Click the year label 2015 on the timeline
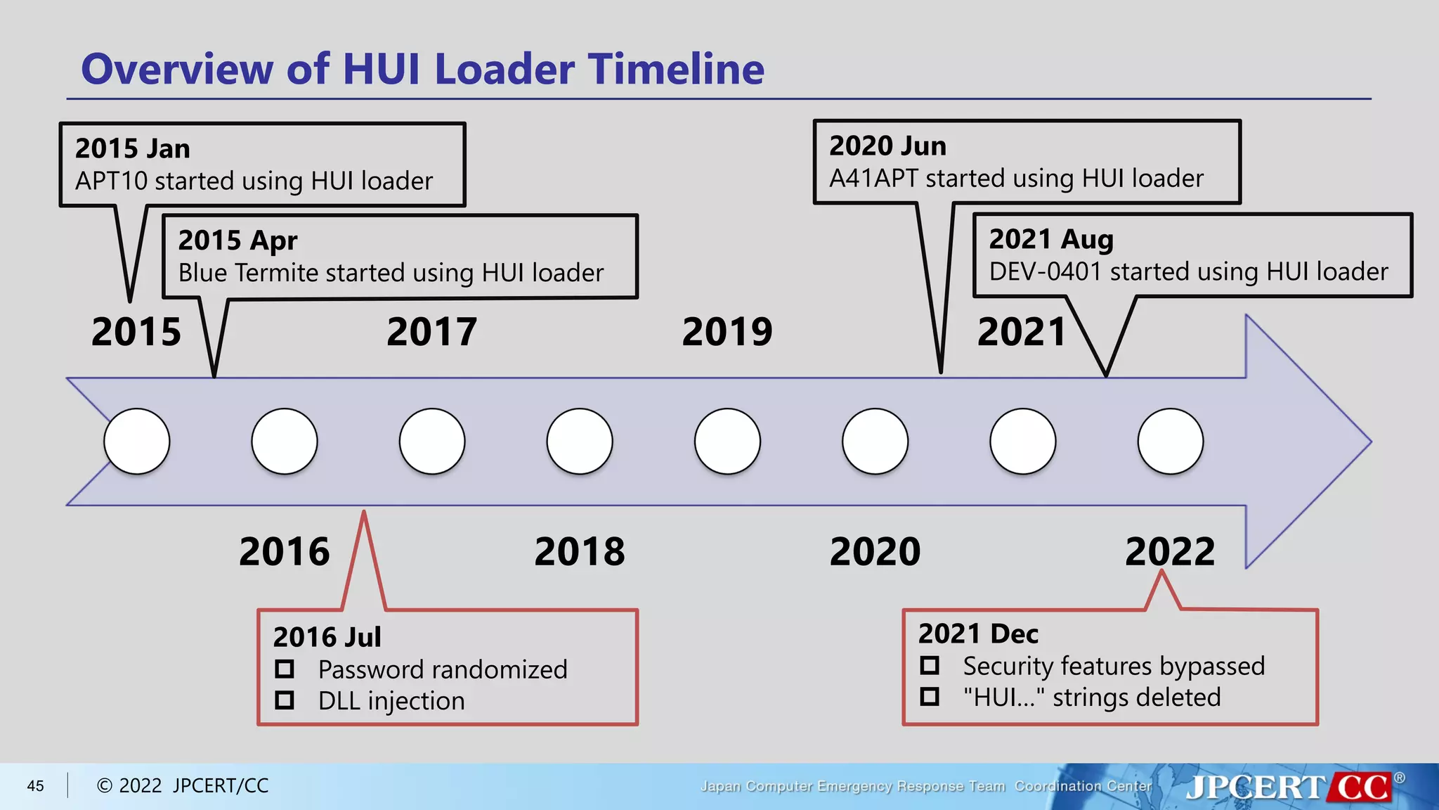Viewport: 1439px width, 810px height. click(x=136, y=332)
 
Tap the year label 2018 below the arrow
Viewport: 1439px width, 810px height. click(x=580, y=551)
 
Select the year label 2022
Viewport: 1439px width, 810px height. click(x=1170, y=551)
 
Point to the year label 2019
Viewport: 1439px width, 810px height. click(x=727, y=332)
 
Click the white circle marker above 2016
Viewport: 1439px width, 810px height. click(x=285, y=442)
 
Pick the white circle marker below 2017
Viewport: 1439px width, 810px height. click(x=432, y=442)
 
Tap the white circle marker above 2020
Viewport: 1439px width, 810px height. click(x=875, y=442)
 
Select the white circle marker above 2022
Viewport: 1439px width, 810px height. click(x=1170, y=442)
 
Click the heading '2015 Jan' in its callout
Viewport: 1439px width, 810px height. click(x=133, y=148)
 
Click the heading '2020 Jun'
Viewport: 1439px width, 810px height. click(x=887, y=146)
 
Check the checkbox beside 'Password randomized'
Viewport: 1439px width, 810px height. click(x=285, y=668)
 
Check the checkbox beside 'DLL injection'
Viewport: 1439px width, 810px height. click(x=285, y=700)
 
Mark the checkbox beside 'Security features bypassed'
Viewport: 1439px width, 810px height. click(x=930, y=665)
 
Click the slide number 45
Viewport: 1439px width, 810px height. click(x=35, y=786)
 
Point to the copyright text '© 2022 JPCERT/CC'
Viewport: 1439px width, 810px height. click(x=183, y=786)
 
